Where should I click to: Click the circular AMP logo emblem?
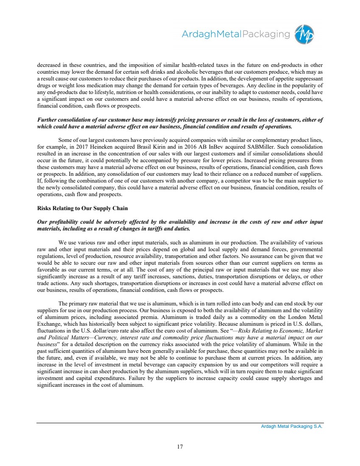click(x=304, y=34)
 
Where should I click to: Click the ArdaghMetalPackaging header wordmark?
click(x=236, y=34)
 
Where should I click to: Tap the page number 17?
click(x=180, y=446)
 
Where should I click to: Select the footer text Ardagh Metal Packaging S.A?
click(x=292, y=427)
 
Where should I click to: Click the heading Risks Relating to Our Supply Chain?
click(x=82, y=208)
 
